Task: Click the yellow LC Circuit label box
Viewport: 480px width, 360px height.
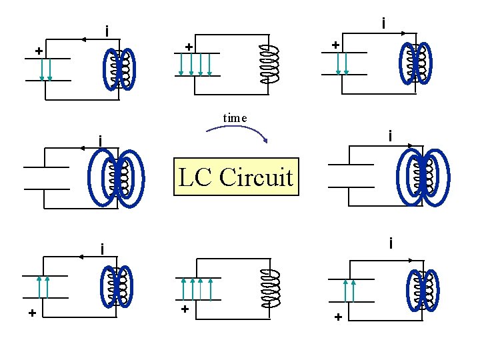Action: (x=236, y=177)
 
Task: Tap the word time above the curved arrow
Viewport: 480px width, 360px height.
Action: (x=235, y=118)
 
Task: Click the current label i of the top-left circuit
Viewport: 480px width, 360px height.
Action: (x=106, y=31)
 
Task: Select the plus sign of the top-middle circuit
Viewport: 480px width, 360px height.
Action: (x=189, y=47)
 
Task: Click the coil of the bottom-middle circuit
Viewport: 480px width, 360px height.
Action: (x=271, y=290)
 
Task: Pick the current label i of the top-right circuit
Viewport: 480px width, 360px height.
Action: (x=383, y=23)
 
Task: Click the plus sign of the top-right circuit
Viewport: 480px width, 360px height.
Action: (x=335, y=45)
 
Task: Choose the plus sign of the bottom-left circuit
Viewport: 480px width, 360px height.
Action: (x=31, y=313)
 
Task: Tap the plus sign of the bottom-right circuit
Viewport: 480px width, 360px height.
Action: (x=338, y=317)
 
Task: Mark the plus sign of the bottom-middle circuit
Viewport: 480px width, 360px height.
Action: (x=185, y=309)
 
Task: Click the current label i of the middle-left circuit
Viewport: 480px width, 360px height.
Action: (x=99, y=141)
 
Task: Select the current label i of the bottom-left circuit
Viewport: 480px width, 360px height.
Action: (x=101, y=249)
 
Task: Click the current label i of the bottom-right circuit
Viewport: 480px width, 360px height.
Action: (x=391, y=244)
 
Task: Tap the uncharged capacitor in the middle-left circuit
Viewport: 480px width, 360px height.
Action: (x=46, y=177)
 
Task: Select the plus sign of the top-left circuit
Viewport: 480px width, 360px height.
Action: (x=39, y=51)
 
